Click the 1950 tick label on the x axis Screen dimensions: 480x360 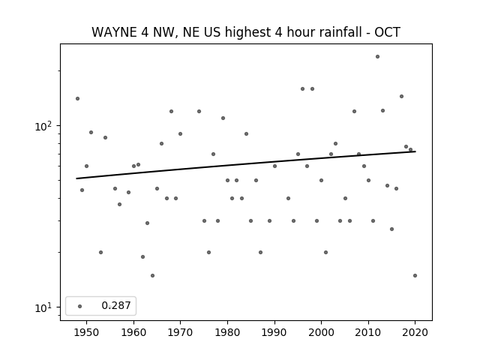pos(87,332)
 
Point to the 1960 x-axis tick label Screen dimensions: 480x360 pos(133,332)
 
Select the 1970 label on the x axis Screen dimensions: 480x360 pos(180,332)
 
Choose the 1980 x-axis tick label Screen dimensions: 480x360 pos(227,332)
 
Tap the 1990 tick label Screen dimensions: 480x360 pos(274,332)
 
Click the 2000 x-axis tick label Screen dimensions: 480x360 pos(321,332)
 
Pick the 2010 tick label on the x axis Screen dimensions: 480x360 pos(368,332)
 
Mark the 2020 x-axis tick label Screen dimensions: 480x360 pos(415,332)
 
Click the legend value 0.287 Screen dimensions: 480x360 pos(116,305)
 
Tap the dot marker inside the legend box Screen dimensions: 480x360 pos(80,306)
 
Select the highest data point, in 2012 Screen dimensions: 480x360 pos(377,57)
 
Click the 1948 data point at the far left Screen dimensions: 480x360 pos(77,98)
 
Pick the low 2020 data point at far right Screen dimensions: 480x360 pos(415,275)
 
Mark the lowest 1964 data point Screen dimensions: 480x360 pos(152,275)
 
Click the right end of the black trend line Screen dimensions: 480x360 pos(415,151)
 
